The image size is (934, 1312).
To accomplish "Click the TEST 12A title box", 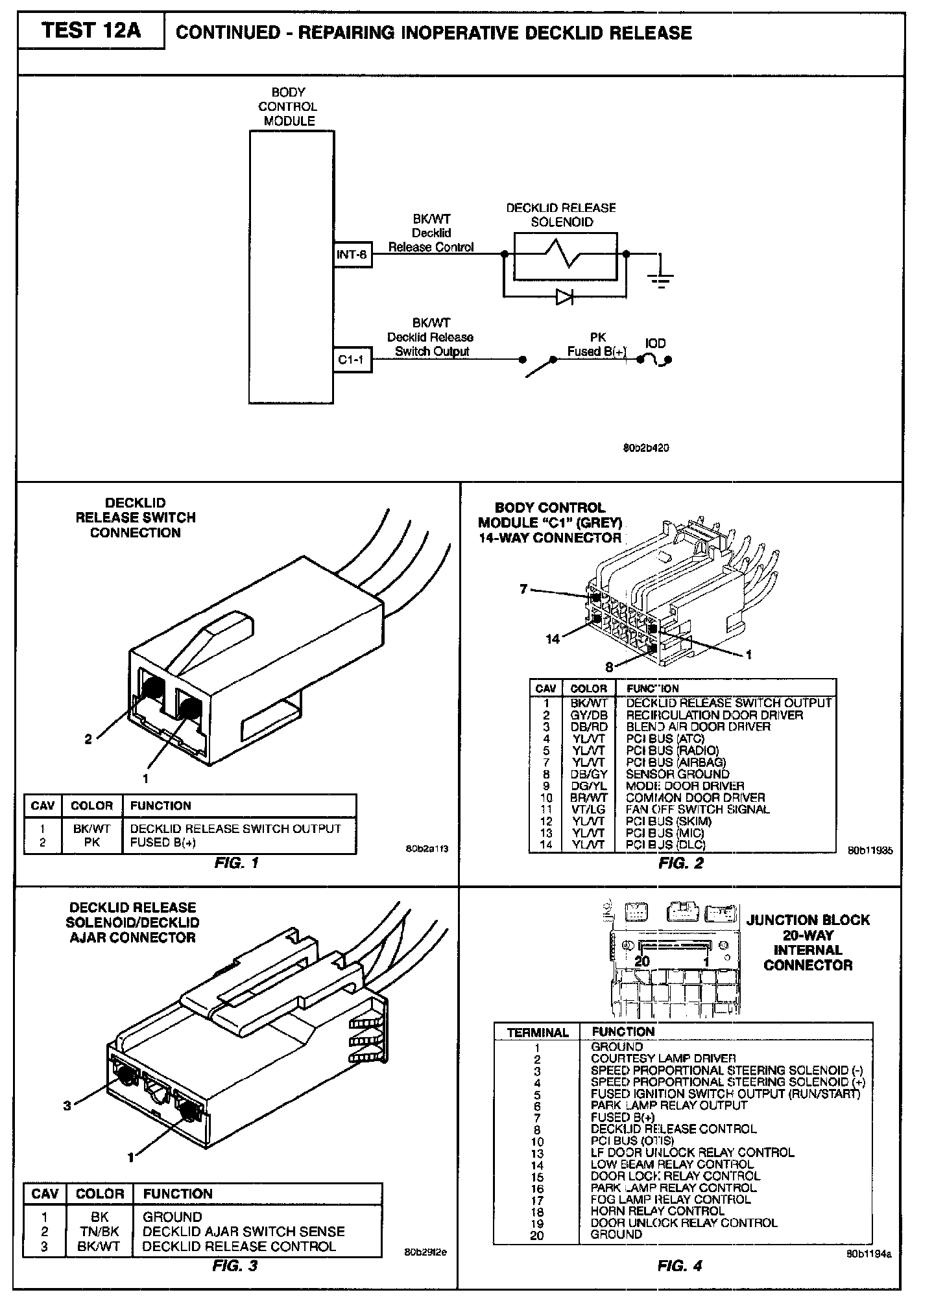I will [90, 31].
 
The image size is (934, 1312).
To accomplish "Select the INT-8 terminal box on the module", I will [352, 255].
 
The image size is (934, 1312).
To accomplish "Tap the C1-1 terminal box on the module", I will [352, 360].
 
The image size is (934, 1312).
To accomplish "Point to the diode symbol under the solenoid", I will [564, 297].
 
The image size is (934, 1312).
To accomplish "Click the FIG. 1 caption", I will [236, 863].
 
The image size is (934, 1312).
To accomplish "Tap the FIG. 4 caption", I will [680, 1266].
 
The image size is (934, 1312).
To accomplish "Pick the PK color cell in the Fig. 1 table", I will [91, 842].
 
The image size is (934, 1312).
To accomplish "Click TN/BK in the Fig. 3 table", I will [99, 1231].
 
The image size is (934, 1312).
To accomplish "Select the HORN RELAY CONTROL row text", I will [657, 1211].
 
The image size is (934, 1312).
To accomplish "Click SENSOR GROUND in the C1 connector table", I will [677, 774].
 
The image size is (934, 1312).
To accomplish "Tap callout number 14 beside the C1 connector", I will [552, 639].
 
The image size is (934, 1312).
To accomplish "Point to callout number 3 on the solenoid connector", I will [67, 1106].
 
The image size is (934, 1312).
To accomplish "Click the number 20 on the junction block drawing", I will [641, 961].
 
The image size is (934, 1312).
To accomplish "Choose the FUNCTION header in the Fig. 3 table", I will [178, 1193].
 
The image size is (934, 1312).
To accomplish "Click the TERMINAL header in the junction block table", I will [538, 1033].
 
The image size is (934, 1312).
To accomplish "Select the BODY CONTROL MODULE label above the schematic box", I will [289, 106].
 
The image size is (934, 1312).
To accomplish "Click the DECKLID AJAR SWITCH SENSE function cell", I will [243, 1231].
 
